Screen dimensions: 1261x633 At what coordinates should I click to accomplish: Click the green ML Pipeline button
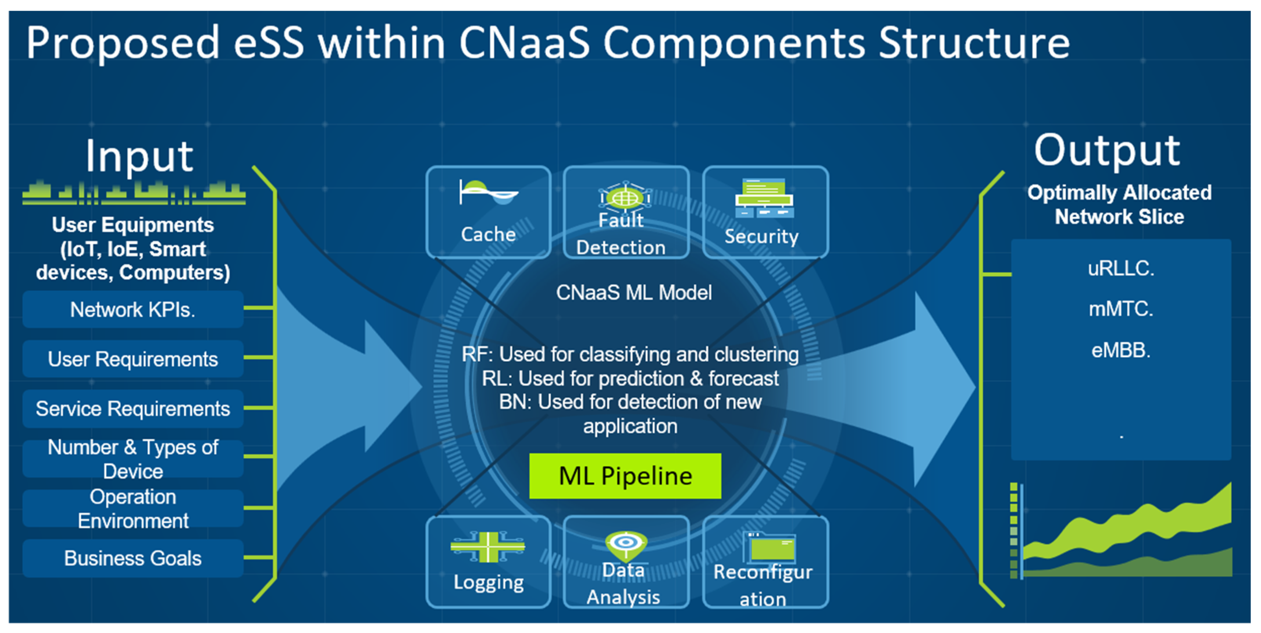point(625,476)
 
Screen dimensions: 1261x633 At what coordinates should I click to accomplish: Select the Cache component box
point(489,212)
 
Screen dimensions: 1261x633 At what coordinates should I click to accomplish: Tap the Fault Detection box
point(627,212)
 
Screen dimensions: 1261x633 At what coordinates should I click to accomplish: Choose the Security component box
point(765,212)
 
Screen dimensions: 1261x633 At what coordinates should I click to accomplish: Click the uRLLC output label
point(1121,268)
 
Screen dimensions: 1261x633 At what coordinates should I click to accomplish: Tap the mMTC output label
point(1121,309)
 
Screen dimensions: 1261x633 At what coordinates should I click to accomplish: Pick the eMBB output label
point(1121,350)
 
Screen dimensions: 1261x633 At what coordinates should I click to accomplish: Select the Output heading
point(1107,150)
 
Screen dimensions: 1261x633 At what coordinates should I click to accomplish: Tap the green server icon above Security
point(764,198)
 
